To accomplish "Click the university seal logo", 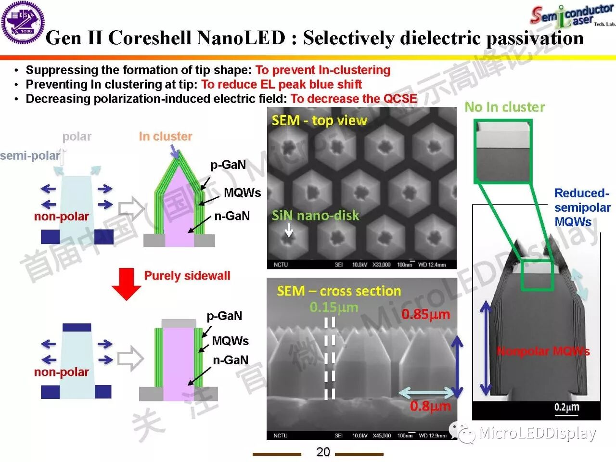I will click(23, 23).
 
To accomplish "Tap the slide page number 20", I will click(323, 451).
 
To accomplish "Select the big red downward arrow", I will click(126, 283).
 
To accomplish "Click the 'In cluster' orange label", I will click(165, 137).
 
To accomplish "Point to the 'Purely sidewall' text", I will click(187, 276).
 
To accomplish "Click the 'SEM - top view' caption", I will click(319, 120).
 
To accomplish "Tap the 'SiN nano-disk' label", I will click(315, 215).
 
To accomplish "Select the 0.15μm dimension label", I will click(334, 307).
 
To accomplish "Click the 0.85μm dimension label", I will click(425, 315).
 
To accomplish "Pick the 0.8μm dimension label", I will click(430, 406).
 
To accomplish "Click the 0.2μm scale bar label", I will click(566, 408).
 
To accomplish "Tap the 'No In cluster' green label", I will click(504, 107).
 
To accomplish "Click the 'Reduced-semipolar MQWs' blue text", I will click(582, 207).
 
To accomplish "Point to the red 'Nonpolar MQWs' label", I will click(543, 351).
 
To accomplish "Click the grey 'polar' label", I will click(77, 137).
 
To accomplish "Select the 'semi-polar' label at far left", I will click(30, 156).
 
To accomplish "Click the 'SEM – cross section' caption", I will click(339, 291).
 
